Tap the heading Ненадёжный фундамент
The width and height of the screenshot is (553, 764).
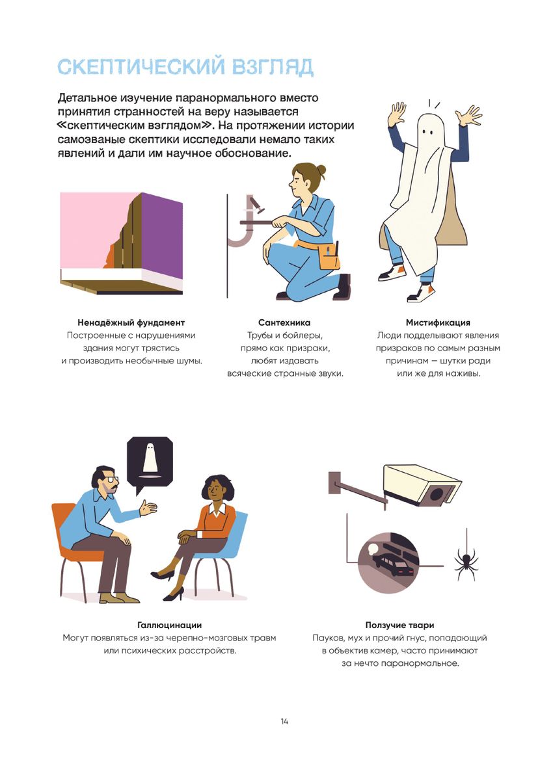click(131, 323)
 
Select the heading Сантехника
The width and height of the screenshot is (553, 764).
click(284, 323)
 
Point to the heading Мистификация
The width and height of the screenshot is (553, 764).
click(438, 323)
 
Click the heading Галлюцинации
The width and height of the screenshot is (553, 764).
click(169, 625)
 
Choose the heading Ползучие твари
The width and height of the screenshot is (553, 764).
click(399, 625)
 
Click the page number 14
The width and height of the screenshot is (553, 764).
click(284, 721)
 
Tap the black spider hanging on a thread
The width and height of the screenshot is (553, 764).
click(466, 563)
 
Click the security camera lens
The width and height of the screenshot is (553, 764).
click(437, 495)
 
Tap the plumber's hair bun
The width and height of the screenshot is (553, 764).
click(321, 170)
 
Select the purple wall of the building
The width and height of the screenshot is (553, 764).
click(162, 234)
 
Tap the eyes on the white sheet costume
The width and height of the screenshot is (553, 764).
click(427, 131)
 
